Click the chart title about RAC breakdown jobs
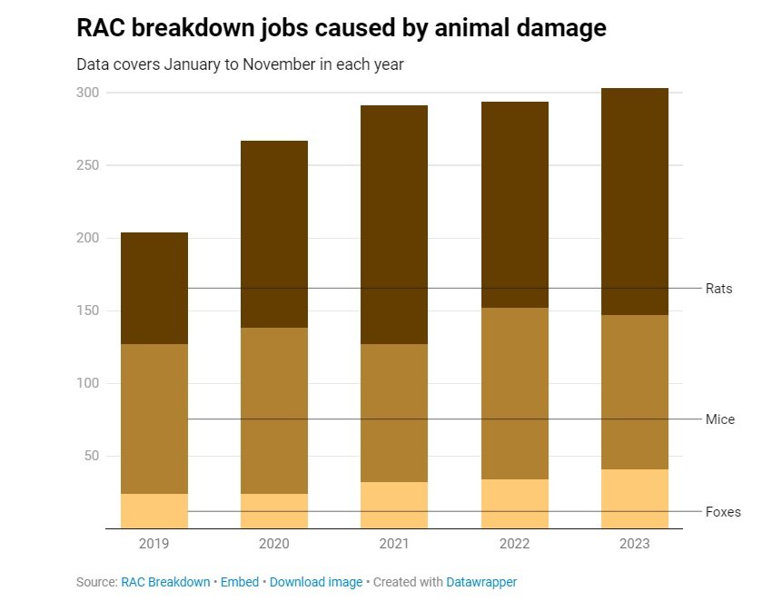341,28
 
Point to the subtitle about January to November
239,65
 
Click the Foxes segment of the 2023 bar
634,498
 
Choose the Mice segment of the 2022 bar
514,393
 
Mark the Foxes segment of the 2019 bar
154,511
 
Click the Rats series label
718,289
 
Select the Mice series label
719,419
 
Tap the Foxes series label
723,512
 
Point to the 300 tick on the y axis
88,93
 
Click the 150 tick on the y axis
88,310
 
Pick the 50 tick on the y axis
92,456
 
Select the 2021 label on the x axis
394,544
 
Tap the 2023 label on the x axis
634,544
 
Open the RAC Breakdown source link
165,582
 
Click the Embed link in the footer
241,582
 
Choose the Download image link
316,582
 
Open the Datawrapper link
481,582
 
